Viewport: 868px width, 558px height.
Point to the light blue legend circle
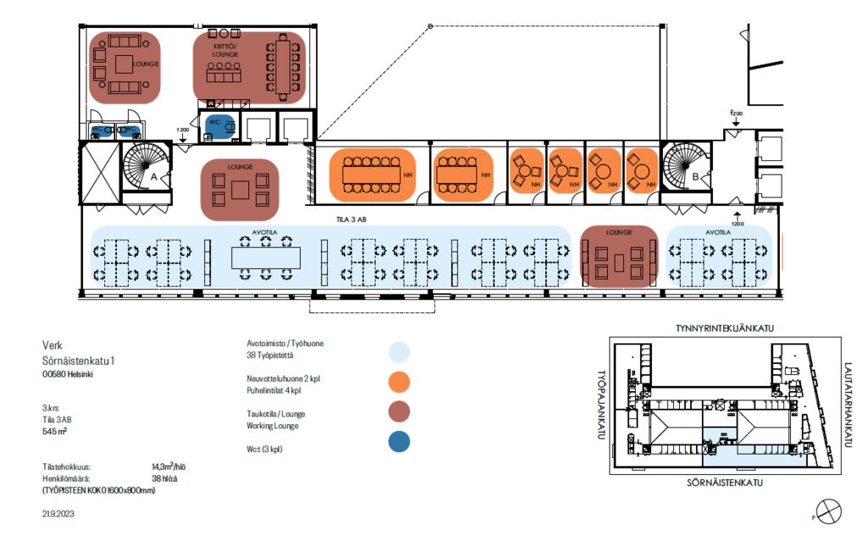pyautogui.click(x=399, y=352)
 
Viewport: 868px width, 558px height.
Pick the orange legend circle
pyautogui.click(x=399, y=382)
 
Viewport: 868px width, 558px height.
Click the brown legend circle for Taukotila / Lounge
pyautogui.click(x=399, y=411)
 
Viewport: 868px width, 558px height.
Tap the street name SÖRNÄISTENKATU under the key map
pyautogui.click(x=726, y=483)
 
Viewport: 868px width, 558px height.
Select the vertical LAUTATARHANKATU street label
pyautogui.click(x=849, y=404)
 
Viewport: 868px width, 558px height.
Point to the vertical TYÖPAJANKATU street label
pyautogui.click(x=602, y=405)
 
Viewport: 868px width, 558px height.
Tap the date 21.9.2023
pyautogui.click(x=58, y=513)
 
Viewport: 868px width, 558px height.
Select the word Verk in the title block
pyautogui.click(x=53, y=345)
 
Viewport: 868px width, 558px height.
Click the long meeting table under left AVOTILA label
pyautogui.click(x=265, y=257)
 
